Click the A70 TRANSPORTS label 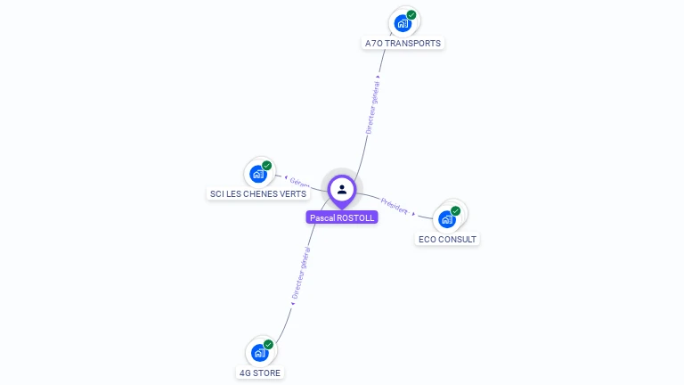[403, 43]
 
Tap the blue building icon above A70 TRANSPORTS [403, 23]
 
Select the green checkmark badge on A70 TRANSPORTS [411, 14]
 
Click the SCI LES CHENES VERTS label [258, 193]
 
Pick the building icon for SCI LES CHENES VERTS [258, 174]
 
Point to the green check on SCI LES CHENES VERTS [267, 166]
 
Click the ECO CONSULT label [447, 239]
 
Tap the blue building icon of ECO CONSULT [447, 219]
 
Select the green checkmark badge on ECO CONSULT [456, 211]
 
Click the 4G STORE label [260, 373]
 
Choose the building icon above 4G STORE [259, 353]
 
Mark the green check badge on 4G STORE [268, 344]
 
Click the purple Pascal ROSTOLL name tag [342, 217]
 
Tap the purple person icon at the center [342, 189]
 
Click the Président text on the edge [394, 205]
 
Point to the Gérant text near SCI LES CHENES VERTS [300, 183]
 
